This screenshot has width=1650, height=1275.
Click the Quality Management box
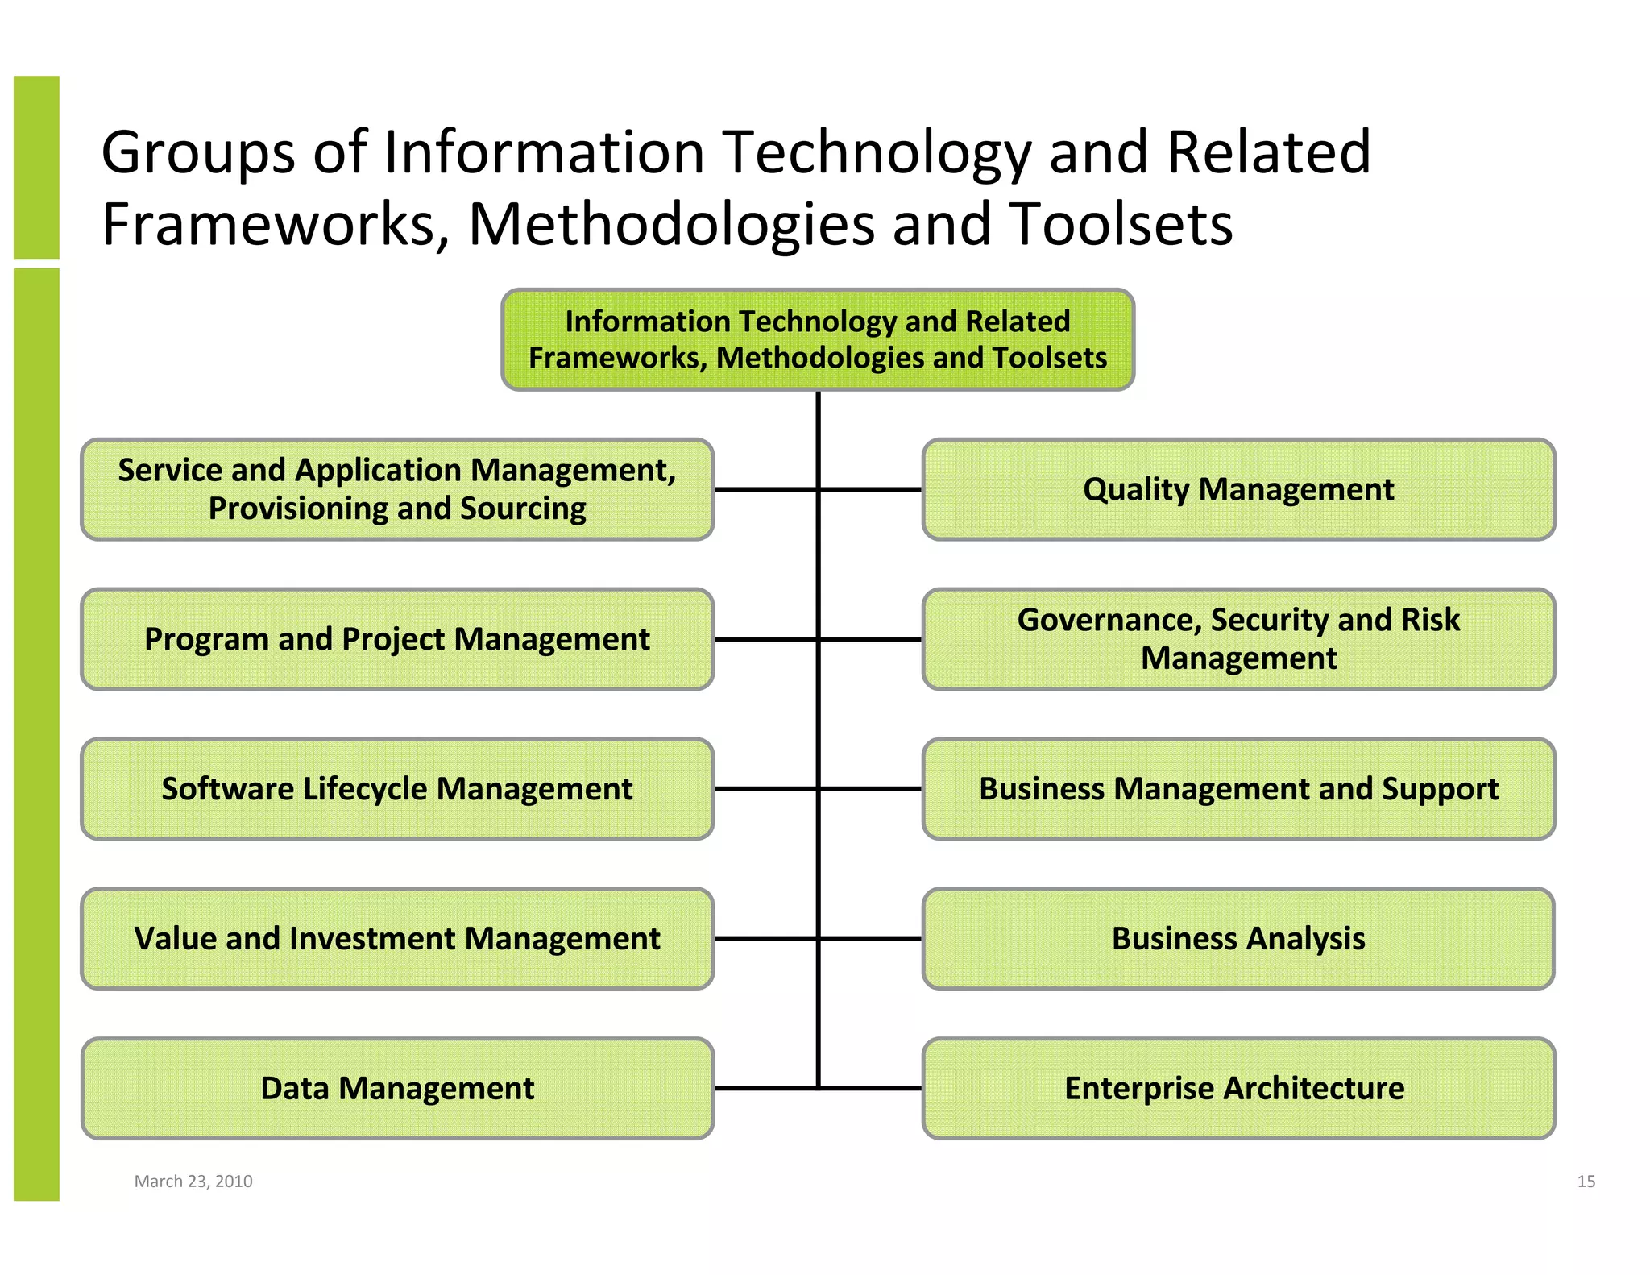pos(1238,489)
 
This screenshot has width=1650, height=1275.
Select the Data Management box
pos(397,1088)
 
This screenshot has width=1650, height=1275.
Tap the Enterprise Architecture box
pos(1238,1088)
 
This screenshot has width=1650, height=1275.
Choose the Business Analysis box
pos(1238,939)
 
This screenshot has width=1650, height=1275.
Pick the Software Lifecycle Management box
pos(397,789)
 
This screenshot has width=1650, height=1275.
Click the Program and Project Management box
pos(397,639)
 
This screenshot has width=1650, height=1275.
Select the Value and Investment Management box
pos(397,939)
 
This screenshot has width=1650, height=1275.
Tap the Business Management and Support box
pos(1238,789)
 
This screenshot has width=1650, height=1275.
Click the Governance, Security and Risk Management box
pos(1238,639)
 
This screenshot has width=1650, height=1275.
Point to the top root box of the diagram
pos(818,339)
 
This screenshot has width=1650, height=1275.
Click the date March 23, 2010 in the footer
pos(193,1182)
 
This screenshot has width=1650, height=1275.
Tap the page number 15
pos(1586,1182)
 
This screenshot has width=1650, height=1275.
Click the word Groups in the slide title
pos(198,153)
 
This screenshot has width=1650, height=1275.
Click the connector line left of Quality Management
pos(870,489)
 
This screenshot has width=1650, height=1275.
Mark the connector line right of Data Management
pos(765,1088)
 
